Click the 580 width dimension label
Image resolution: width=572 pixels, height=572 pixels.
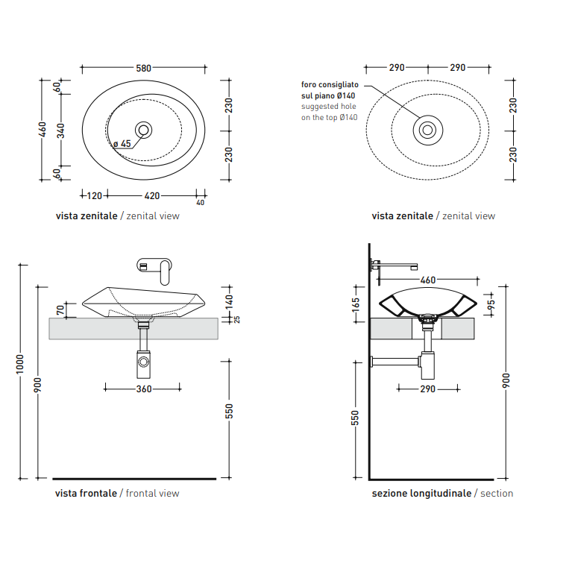[x=143, y=68]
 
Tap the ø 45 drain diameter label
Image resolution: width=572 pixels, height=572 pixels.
[x=122, y=144]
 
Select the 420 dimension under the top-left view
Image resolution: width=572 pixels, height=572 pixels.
[x=152, y=196]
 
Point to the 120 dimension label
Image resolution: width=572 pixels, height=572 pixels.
[x=95, y=196]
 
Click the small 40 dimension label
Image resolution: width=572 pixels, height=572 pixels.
[x=201, y=203]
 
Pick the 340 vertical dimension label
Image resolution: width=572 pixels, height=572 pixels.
[x=61, y=131]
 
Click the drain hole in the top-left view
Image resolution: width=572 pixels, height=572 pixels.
[x=143, y=131]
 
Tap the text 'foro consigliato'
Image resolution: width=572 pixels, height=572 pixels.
[x=330, y=84]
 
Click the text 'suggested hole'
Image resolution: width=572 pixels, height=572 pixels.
[x=329, y=107]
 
